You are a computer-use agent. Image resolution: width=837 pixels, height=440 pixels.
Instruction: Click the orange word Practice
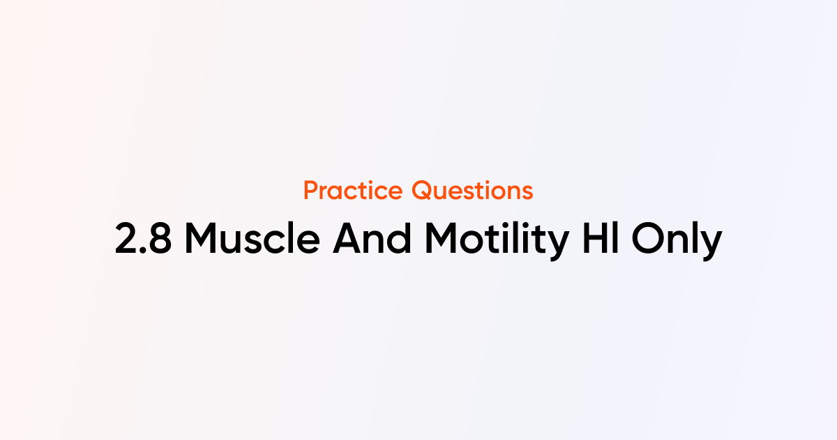pyautogui.click(x=353, y=191)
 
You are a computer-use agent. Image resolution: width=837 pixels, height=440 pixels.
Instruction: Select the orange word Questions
pyautogui.click(x=472, y=191)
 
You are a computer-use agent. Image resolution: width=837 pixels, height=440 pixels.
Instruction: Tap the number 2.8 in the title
pyautogui.click(x=143, y=238)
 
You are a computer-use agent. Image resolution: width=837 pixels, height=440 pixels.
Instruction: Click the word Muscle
pyautogui.click(x=252, y=238)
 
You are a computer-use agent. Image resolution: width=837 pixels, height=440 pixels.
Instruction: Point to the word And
pyautogui.click(x=372, y=238)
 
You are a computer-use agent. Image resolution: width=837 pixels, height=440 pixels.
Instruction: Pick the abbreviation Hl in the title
pyautogui.click(x=601, y=238)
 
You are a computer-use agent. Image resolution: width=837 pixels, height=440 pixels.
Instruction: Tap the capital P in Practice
pyautogui.click(x=311, y=191)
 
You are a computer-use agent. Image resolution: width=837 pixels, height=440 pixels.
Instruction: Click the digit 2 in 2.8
pyautogui.click(x=126, y=238)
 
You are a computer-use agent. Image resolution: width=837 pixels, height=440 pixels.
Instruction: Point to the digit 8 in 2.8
pyautogui.click(x=160, y=239)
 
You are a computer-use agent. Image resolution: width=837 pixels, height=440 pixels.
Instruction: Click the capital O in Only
pyautogui.click(x=648, y=238)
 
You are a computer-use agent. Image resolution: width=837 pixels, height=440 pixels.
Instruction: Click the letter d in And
pyautogui.click(x=400, y=238)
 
